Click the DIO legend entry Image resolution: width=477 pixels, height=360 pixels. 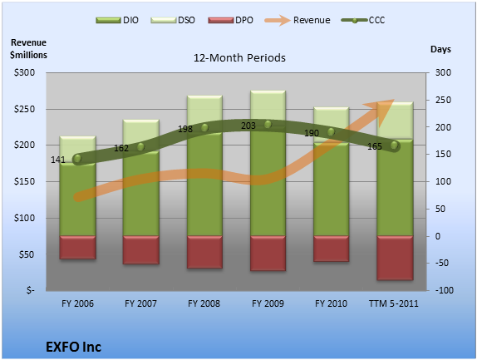coord(117,20)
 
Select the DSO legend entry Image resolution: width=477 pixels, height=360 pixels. coord(173,20)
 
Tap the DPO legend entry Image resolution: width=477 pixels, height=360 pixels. coord(230,20)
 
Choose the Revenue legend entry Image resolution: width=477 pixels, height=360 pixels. coord(298,20)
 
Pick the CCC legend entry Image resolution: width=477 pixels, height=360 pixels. coord(363,20)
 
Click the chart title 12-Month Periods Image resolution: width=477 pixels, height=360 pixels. coord(239,58)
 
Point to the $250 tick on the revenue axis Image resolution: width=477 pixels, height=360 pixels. coord(24,109)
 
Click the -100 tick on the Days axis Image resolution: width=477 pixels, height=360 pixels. coord(444,290)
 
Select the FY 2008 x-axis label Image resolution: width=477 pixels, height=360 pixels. coord(204,303)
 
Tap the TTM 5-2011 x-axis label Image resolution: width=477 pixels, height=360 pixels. coord(394,303)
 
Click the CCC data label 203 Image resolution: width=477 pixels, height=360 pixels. coord(248,126)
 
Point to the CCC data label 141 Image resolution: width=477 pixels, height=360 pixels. coord(58,160)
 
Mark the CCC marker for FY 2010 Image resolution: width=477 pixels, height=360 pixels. coord(331,131)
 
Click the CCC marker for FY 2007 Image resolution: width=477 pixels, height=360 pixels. coord(140,147)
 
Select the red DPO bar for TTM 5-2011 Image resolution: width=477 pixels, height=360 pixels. coord(395,258)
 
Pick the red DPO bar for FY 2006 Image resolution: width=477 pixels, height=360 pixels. coord(77,248)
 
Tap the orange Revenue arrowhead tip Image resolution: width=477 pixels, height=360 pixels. coord(394,99)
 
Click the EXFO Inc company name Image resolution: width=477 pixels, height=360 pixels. coord(74,347)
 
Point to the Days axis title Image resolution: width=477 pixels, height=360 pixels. coord(440,50)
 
